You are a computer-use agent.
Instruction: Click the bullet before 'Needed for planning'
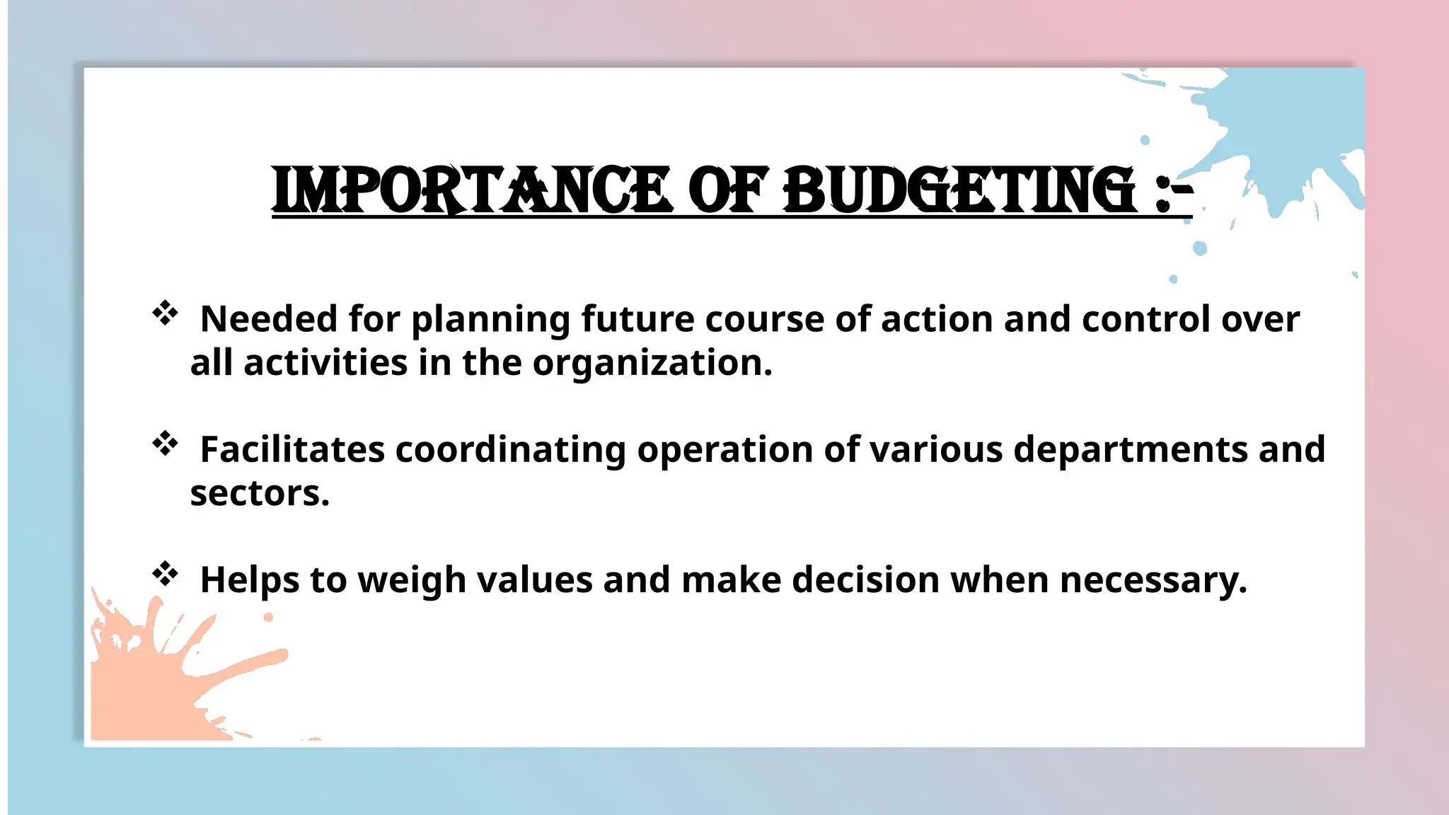click(x=165, y=313)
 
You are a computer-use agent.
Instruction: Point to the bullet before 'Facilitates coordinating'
click(x=165, y=444)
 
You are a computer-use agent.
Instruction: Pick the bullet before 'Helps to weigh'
click(x=165, y=574)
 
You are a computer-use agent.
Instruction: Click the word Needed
click(x=269, y=319)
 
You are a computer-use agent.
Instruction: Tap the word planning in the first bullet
click(x=490, y=320)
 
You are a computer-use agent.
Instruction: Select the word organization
click(x=652, y=364)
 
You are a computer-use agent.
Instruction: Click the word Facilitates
click(x=292, y=449)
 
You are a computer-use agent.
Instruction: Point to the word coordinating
click(x=510, y=451)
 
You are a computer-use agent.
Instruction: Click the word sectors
click(x=260, y=494)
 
